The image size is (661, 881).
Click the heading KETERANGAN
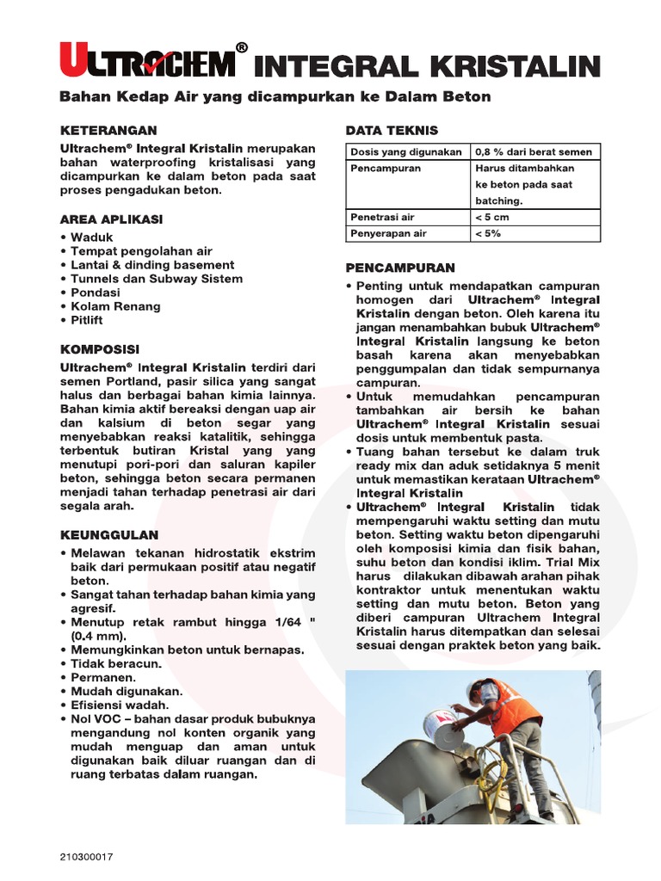(108, 131)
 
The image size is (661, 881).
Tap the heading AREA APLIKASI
(111, 219)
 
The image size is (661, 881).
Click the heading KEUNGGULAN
(108, 534)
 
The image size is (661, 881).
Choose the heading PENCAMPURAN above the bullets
(400, 268)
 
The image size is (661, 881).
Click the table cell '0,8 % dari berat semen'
(534, 152)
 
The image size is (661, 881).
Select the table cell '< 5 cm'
(492, 218)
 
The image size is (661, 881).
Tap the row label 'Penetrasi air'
(382, 218)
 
